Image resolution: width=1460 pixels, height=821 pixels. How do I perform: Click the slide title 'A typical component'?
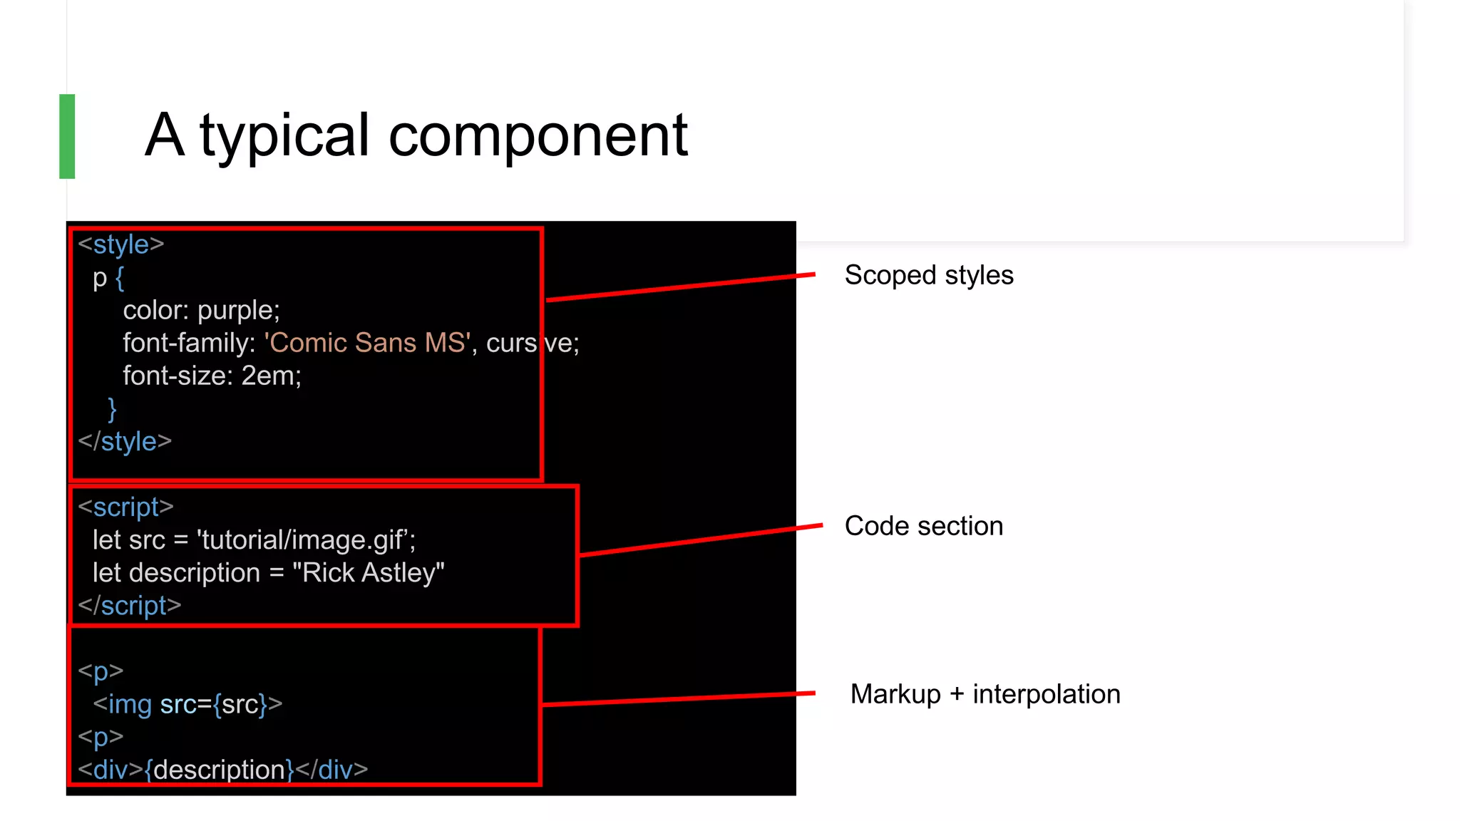[416, 135]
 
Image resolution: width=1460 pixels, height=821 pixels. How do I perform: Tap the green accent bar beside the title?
[67, 136]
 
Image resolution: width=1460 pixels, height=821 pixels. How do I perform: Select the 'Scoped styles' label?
[928, 275]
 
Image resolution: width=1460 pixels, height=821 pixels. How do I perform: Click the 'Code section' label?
[923, 526]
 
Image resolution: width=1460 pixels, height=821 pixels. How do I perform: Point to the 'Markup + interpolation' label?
[985, 694]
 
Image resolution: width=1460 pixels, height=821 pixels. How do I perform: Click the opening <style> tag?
[121, 244]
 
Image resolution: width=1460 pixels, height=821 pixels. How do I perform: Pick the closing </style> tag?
[125, 442]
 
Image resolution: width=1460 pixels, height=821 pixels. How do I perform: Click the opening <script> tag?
[125, 507]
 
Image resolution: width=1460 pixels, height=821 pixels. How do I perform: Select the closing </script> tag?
[130, 606]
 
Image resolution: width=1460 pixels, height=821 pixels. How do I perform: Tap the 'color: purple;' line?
[201, 310]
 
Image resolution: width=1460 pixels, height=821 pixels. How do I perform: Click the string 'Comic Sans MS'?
[368, 343]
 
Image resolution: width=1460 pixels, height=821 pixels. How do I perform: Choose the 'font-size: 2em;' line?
[212, 376]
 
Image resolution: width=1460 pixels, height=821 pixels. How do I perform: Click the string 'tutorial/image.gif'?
[306, 540]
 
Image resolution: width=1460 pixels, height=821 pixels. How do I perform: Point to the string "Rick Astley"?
[368, 573]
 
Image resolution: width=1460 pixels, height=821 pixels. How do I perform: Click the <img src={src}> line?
[187, 704]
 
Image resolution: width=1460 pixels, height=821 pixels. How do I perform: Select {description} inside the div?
[219, 770]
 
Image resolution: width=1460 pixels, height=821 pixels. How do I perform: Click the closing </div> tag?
[331, 770]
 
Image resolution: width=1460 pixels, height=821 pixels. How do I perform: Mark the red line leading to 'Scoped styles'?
[681, 287]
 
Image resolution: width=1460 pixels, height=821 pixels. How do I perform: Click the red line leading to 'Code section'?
[701, 540]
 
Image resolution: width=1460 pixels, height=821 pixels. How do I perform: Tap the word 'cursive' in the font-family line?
[532, 343]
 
